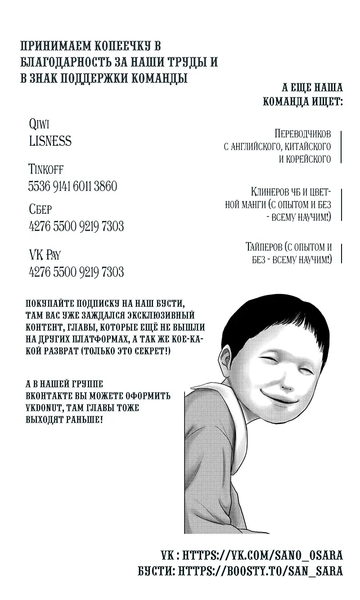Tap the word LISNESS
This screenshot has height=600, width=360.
click(50, 141)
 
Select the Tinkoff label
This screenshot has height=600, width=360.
click(45, 170)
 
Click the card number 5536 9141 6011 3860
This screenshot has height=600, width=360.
click(72, 186)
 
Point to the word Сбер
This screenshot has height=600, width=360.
click(40, 210)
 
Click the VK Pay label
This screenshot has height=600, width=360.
click(44, 255)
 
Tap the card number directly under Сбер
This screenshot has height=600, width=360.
click(76, 226)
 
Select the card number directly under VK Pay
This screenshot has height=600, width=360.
click(76, 272)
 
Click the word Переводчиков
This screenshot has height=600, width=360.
click(302, 134)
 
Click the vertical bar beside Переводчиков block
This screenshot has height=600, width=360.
click(341, 147)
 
